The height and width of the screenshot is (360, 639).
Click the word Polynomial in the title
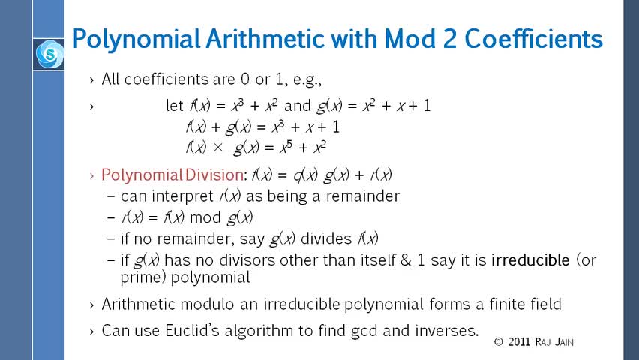136,40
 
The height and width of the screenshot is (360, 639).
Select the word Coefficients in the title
533,39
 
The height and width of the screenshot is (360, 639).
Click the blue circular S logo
49,54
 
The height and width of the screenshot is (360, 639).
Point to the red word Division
214,175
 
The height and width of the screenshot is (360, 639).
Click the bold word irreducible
530,259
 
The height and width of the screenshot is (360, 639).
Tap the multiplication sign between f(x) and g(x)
218,147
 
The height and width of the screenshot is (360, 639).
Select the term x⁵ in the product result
286,147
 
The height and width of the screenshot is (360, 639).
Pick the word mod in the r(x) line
205,217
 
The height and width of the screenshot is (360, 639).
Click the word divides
326,238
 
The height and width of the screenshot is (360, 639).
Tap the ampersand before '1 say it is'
406,259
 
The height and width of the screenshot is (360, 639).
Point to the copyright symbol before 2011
499,342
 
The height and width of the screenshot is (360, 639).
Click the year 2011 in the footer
519,342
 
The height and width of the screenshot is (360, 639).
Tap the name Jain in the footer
564,342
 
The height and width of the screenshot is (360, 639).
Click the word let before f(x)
175,106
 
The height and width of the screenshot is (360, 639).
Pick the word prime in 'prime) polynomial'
141,278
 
